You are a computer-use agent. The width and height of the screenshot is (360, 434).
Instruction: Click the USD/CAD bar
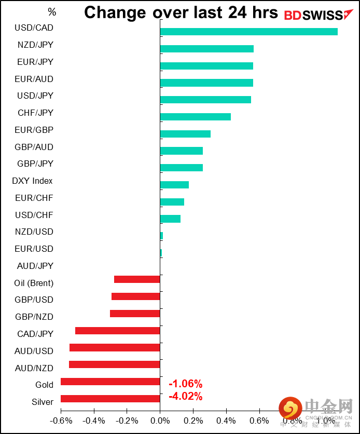[248, 32]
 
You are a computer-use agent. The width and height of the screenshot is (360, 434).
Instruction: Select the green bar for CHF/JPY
[195, 117]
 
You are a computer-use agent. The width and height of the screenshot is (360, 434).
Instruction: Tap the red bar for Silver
[110, 399]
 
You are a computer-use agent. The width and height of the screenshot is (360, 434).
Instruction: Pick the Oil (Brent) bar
[137, 279]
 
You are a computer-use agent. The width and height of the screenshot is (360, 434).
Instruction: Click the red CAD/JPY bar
[117, 331]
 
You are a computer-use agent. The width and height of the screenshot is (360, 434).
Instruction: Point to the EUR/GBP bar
[185, 134]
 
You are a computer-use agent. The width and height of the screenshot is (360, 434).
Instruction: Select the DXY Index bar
[174, 185]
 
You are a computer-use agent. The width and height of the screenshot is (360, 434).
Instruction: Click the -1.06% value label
[185, 384]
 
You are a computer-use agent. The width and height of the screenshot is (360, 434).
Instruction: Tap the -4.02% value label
[185, 397]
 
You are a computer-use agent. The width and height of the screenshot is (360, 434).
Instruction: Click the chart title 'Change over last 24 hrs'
[181, 12]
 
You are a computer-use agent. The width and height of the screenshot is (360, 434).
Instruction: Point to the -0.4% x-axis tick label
[94, 421]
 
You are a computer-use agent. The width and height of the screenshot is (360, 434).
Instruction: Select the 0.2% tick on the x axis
[193, 421]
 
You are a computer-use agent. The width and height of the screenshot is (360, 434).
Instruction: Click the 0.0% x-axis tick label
[160, 421]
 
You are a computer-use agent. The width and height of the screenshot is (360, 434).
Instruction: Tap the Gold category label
[44, 385]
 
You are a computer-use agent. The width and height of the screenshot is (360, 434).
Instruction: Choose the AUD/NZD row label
[34, 368]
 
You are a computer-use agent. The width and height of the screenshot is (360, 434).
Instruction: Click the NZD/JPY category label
[35, 45]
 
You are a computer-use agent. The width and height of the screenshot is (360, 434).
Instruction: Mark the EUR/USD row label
[34, 249]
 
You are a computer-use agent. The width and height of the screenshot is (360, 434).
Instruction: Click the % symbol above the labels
[51, 12]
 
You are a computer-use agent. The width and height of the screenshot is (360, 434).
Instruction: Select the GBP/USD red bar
[135, 296]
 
